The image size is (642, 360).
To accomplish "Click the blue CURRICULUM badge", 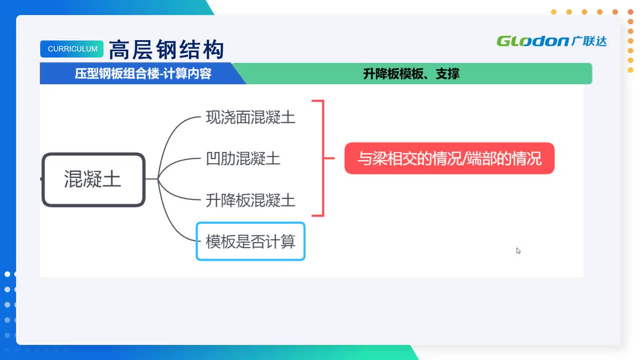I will pos(72,49).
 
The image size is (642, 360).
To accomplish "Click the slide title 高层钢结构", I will pos(166,50).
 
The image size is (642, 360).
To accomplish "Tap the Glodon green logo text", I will pos(532,41).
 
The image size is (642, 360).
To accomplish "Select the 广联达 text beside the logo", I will pos(589,41).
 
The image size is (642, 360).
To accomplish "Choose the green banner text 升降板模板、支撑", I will pos(411,74).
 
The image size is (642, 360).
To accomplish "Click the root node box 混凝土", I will pos(93,179).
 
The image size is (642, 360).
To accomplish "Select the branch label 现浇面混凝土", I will pos(250,117).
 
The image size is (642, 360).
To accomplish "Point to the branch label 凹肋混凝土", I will pos(243,159).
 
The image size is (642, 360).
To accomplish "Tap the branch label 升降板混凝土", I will pos(250,201).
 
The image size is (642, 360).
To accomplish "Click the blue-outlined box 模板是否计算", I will pos(250,242).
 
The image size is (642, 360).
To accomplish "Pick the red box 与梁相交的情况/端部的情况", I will pos(449,159).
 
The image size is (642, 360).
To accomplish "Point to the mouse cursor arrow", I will pos(518,250).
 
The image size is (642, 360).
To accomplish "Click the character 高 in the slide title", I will pos(118,50).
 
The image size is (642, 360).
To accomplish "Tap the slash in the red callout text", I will pos(464,159).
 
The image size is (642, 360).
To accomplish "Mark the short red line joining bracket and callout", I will pos(330,158).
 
